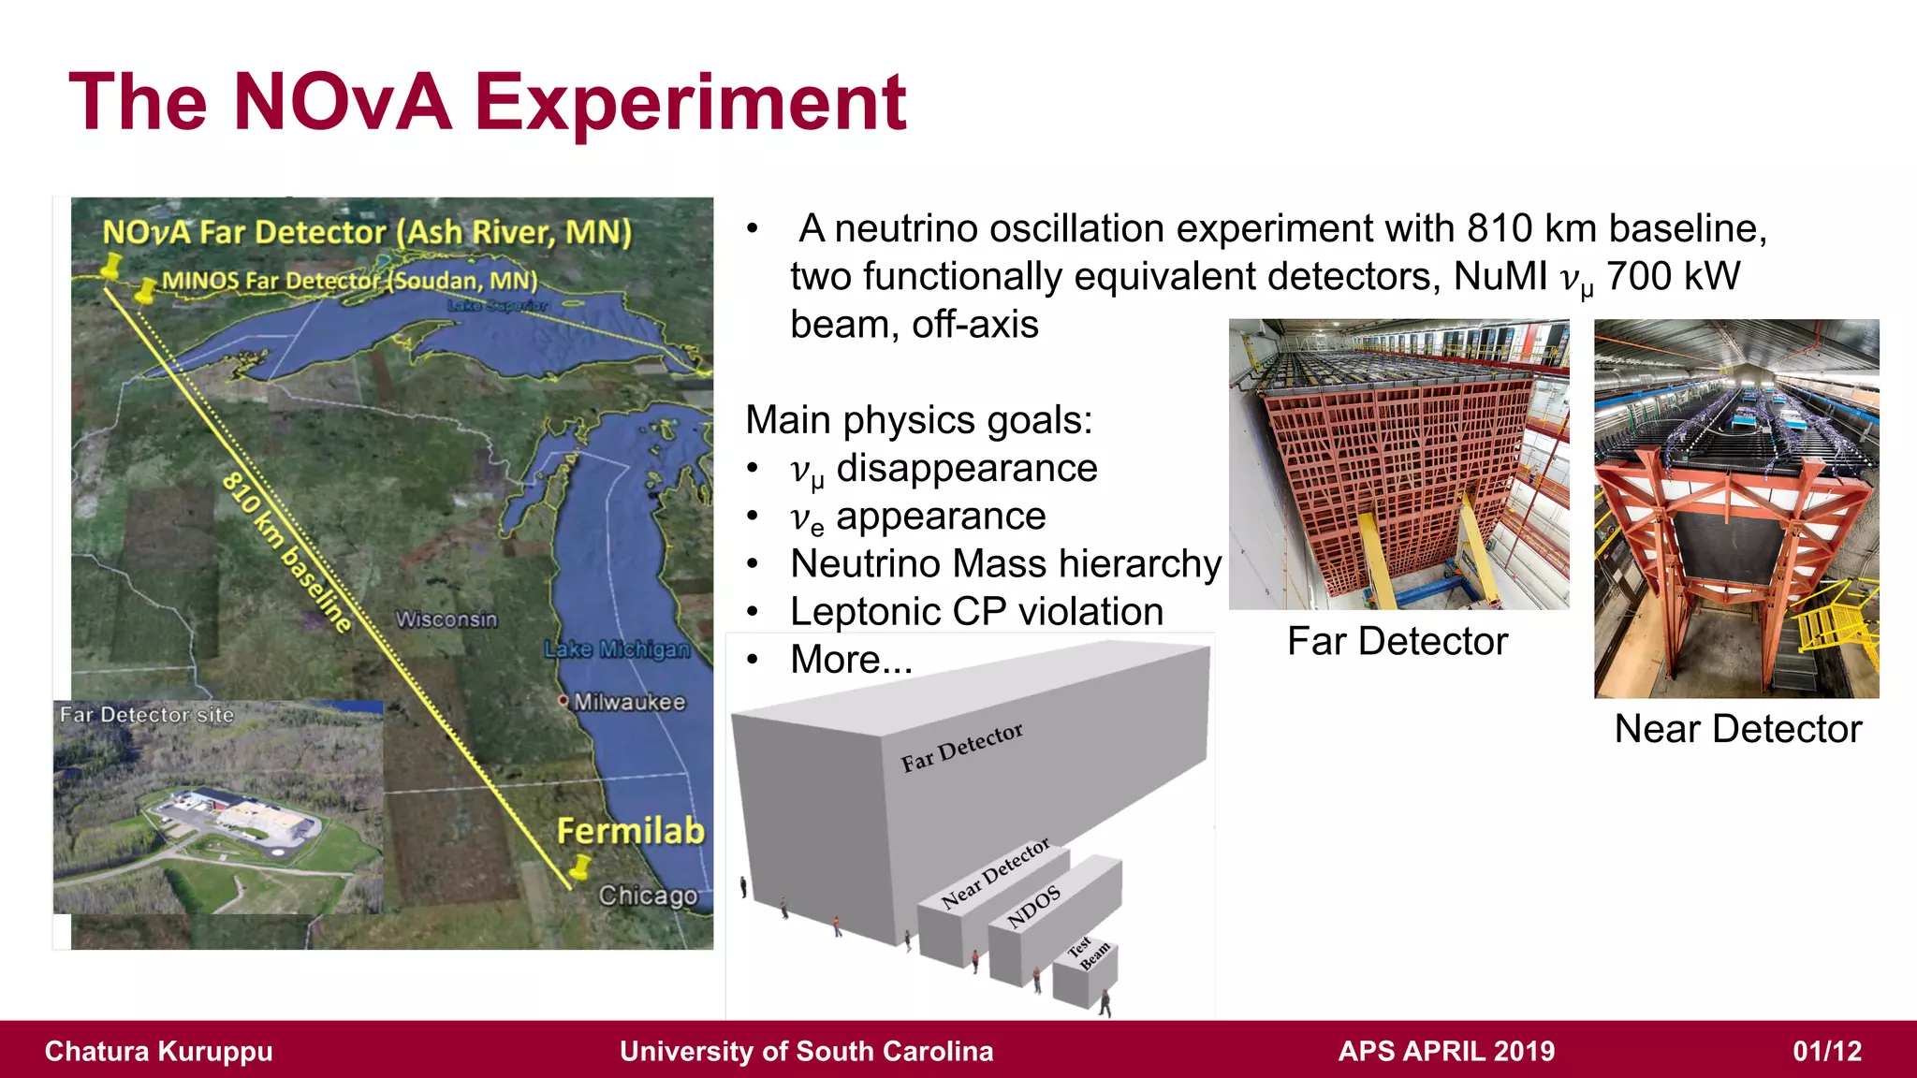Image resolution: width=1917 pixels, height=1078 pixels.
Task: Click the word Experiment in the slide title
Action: pyautogui.click(x=690, y=103)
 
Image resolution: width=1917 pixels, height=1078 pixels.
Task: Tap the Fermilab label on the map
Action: pyautogui.click(x=630, y=831)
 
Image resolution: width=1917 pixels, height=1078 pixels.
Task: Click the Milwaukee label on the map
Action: pyautogui.click(x=629, y=702)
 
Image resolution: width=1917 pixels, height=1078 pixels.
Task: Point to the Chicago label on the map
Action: pyautogui.click(x=648, y=896)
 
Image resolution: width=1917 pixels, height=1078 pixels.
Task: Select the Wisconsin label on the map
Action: pyautogui.click(x=446, y=619)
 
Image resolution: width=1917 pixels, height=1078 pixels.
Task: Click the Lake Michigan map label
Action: pyautogui.click(x=617, y=648)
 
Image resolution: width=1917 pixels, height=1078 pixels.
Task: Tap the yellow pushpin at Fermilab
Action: pyautogui.click(x=581, y=866)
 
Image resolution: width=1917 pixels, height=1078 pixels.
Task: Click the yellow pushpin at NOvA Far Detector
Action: pyautogui.click(x=111, y=266)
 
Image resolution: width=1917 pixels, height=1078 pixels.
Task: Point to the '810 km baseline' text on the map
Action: pyautogui.click(x=286, y=552)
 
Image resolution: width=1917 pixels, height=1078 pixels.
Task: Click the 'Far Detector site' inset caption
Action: pyautogui.click(x=147, y=715)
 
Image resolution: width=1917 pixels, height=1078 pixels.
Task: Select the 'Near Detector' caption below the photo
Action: pyautogui.click(x=1737, y=729)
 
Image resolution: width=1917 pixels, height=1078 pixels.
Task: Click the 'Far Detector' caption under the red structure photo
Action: pyautogui.click(x=1397, y=642)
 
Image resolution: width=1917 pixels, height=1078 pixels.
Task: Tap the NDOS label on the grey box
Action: pyautogui.click(x=1033, y=906)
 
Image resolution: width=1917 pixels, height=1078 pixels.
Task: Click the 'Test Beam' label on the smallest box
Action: pyautogui.click(x=1089, y=954)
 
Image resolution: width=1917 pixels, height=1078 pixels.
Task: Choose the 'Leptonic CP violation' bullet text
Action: pyautogui.click(x=976, y=612)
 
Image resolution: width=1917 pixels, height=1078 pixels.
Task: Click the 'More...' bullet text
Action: pyautogui.click(x=851, y=660)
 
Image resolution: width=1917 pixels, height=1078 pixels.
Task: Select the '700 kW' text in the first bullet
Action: pyautogui.click(x=1673, y=277)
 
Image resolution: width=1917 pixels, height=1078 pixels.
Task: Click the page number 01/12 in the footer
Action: pyautogui.click(x=1826, y=1051)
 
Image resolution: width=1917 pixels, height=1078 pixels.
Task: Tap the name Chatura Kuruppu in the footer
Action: pyautogui.click(x=159, y=1051)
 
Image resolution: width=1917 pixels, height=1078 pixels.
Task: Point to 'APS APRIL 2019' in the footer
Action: pyautogui.click(x=1446, y=1051)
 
